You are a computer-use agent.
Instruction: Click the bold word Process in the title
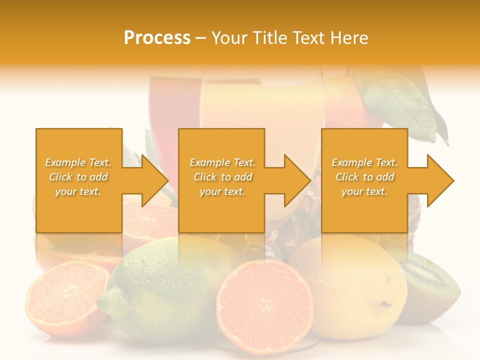click(x=157, y=38)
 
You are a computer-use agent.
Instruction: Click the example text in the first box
click(x=78, y=177)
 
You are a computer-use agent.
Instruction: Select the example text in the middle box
click(x=222, y=177)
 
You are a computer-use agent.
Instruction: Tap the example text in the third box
click(x=364, y=177)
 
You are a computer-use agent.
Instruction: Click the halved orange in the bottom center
click(x=265, y=300)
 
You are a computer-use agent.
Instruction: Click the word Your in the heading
click(x=229, y=38)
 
